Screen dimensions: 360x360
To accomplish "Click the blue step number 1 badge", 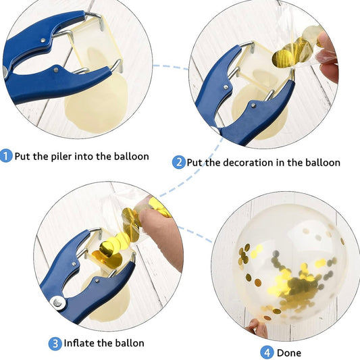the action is coord(5,156).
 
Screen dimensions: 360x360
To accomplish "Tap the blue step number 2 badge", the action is coord(178,162).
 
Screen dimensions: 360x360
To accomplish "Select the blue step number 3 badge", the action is coord(55,344).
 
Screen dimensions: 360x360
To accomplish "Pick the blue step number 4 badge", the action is coord(267,353).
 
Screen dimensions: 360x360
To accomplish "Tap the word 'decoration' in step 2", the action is coord(249,163).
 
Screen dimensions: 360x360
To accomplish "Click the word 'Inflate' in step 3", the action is coord(79,343).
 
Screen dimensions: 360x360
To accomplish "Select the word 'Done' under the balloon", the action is coord(289,353).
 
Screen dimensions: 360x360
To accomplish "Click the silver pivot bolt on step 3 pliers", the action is coord(57,303).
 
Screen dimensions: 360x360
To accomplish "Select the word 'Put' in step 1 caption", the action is coord(22,156).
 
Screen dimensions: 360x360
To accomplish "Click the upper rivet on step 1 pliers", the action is coord(43,41).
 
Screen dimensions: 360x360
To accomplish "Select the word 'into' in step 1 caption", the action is coord(84,156).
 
